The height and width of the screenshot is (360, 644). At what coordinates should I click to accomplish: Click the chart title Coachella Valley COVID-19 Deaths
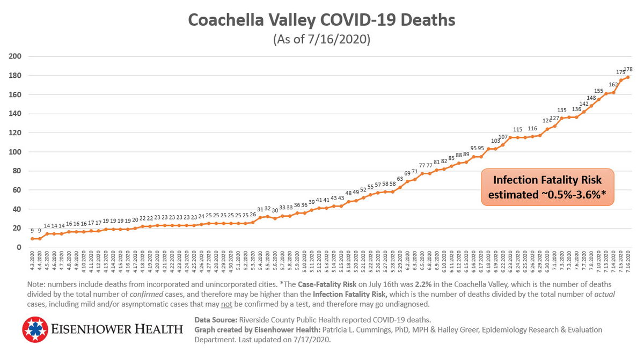[321, 20]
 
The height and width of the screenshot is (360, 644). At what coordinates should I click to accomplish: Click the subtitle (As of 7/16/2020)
[321, 40]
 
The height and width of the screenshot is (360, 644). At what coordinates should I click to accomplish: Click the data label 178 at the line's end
[628, 69]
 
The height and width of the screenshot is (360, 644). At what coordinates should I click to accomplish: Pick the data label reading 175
[620, 72]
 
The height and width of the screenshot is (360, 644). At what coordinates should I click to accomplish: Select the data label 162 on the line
[613, 85]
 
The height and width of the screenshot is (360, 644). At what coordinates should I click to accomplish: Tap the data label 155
[599, 91]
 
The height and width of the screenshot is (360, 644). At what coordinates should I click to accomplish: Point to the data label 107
[503, 137]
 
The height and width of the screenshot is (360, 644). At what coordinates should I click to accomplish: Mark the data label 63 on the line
[400, 179]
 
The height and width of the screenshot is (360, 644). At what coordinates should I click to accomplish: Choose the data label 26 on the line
[253, 215]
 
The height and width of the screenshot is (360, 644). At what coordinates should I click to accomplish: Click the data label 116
[532, 129]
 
